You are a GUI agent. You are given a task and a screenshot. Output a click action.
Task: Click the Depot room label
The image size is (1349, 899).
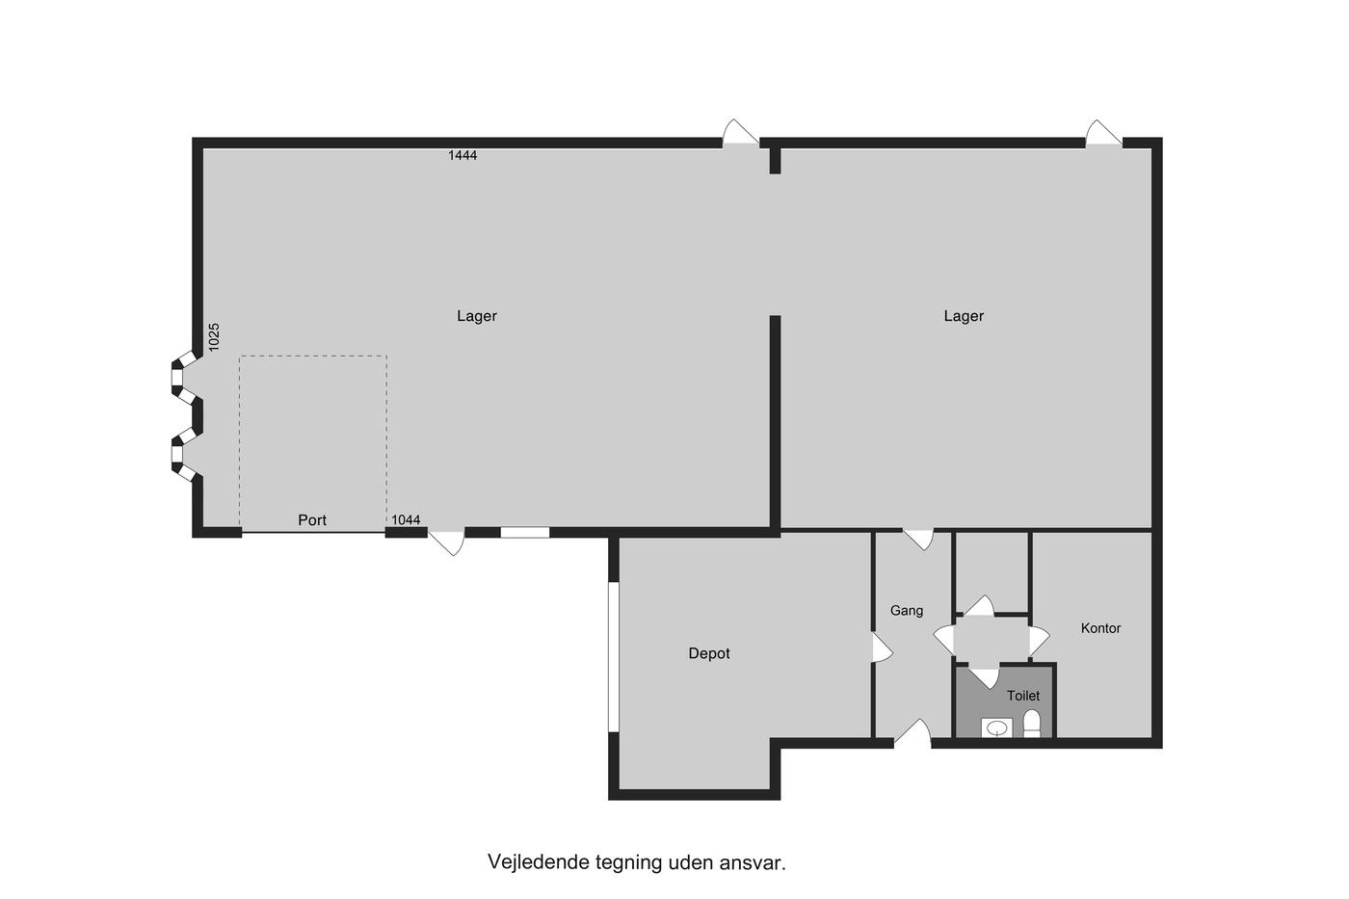(x=709, y=653)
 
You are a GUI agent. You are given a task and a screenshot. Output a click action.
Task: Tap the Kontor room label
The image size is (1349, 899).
(x=1100, y=628)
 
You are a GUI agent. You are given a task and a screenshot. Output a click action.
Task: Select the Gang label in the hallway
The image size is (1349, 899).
(x=907, y=611)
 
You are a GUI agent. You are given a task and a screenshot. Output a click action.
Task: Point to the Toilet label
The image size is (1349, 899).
(x=1023, y=696)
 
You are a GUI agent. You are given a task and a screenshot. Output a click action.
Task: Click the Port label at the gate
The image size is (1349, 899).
(x=312, y=519)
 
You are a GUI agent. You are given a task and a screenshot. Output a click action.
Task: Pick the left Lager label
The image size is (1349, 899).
(x=476, y=316)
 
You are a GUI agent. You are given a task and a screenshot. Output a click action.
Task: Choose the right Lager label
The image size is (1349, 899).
(x=964, y=316)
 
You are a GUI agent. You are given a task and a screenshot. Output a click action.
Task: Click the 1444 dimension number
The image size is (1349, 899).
(x=463, y=155)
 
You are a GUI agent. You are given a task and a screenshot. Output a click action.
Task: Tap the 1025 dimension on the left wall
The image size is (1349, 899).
(x=214, y=337)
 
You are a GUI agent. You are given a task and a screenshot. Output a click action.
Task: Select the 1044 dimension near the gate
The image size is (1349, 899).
(x=406, y=519)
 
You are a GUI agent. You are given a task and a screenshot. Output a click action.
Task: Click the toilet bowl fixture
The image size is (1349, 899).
(x=1032, y=724)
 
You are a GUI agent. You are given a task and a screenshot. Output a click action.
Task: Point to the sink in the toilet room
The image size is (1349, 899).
(x=996, y=728)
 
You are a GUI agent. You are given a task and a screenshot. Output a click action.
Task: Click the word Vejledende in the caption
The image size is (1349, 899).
(x=539, y=861)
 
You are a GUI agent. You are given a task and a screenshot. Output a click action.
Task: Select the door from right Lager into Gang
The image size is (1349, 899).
(x=918, y=540)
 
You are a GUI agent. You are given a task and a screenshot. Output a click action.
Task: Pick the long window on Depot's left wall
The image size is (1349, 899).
(x=614, y=657)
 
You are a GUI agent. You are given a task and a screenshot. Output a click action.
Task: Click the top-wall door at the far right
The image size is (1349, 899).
(x=1104, y=133)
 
